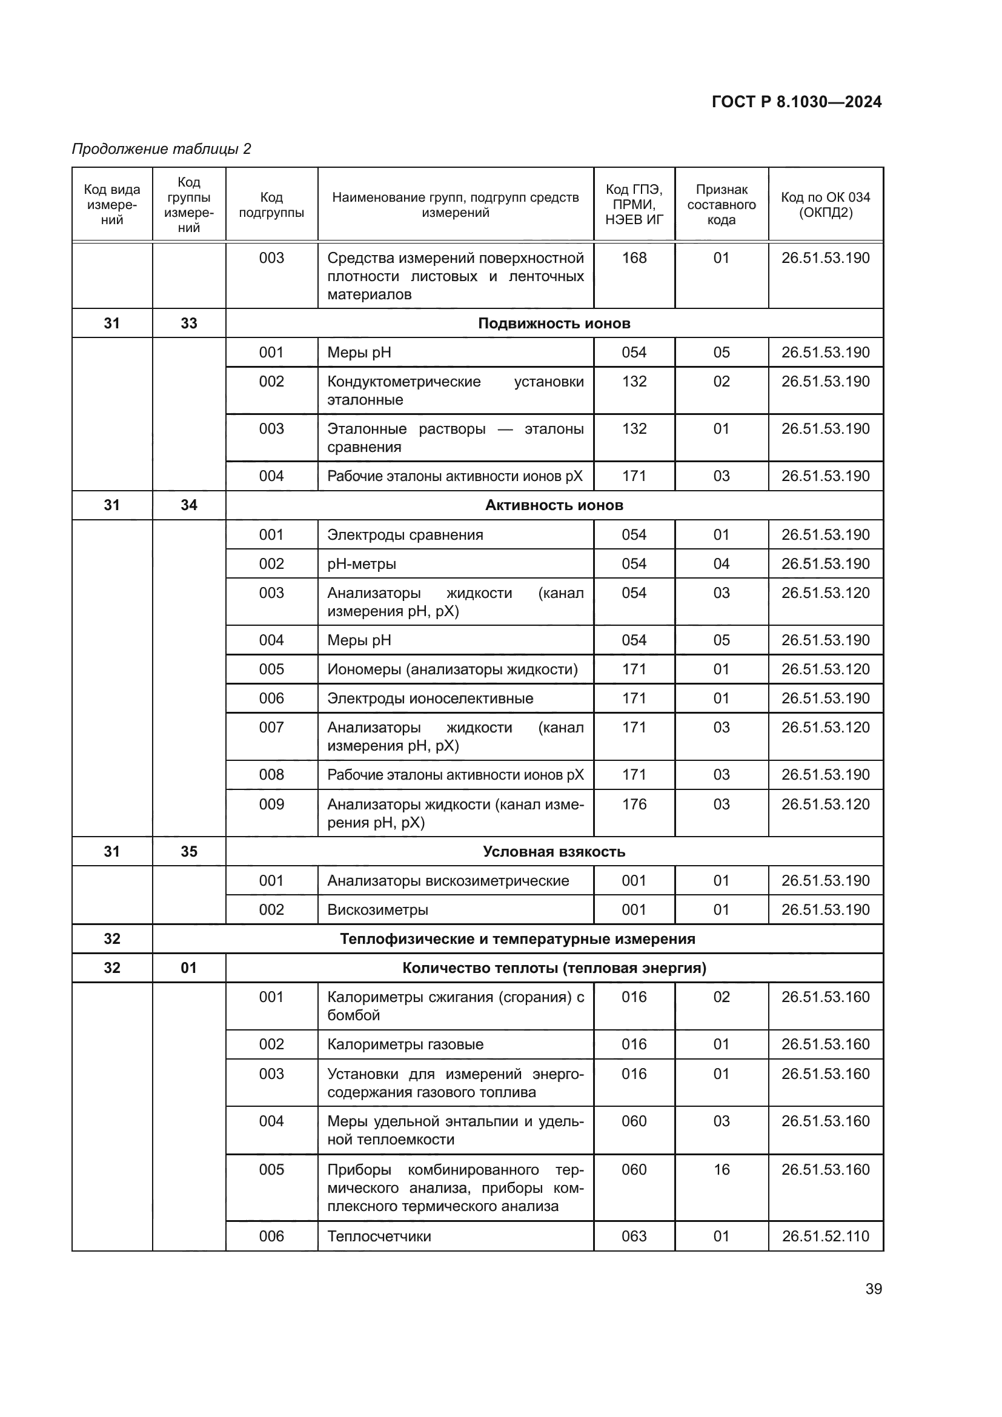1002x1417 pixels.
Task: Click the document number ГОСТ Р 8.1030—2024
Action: [x=796, y=102]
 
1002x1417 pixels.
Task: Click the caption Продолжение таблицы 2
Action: [x=162, y=149]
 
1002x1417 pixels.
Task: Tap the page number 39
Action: [x=873, y=1289]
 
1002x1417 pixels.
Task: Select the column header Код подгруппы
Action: [x=271, y=205]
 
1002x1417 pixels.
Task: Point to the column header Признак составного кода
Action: [x=722, y=205]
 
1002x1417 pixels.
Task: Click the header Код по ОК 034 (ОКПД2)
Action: [x=825, y=205]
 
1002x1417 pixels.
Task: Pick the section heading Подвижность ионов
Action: [x=554, y=324]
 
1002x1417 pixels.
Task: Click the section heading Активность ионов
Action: [x=554, y=505]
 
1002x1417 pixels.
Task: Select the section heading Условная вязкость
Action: [x=554, y=852]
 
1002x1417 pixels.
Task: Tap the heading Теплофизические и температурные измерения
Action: [x=517, y=938]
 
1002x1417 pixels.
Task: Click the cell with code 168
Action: [x=634, y=258]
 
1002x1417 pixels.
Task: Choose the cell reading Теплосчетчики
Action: [x=379, y=1236]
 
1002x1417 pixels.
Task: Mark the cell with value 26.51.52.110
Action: [x=826, y=1236]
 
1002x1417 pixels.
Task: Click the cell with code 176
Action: [x=634, y=804]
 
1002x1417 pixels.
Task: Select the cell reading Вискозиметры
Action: [x=377, y=910]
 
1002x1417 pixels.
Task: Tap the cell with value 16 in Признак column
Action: [x=722, y=1169]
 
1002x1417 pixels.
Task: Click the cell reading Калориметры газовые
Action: [x=405, y=1044]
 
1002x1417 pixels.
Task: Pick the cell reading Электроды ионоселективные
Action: [x=430, y=699]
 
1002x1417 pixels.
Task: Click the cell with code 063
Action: [x=634, y=1236]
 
